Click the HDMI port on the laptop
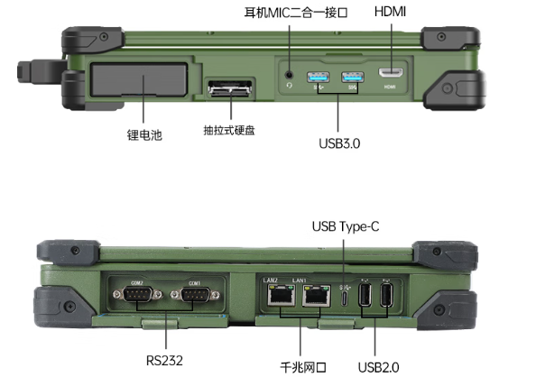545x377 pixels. tap(390, 71)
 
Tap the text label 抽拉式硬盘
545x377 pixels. tap(229, 130)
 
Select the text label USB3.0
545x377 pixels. tap(339, 143)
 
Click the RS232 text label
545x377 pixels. tap(165, 359)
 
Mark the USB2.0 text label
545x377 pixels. tap(377, 366)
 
